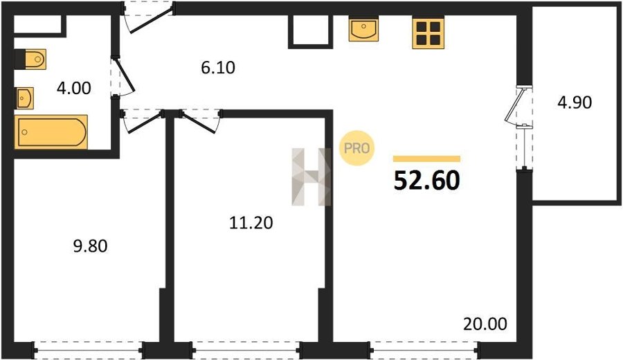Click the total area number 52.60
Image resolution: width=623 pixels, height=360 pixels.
426,181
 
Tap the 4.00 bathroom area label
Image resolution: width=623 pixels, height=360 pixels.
74,88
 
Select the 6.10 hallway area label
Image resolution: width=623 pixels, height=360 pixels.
218,68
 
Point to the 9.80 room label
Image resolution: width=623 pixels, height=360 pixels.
90,246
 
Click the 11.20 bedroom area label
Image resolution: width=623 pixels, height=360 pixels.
251,222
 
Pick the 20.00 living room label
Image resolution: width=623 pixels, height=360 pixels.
485,324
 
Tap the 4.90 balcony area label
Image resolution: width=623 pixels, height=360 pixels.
575,102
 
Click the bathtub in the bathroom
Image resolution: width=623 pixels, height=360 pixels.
51,132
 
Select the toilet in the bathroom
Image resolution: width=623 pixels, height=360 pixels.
30,60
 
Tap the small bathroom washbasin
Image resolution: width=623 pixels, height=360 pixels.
25,98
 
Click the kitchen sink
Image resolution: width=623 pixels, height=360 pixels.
363,28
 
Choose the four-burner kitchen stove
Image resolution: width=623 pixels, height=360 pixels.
428,33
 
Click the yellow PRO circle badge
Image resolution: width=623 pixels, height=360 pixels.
356,148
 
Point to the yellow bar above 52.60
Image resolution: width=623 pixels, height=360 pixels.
426,159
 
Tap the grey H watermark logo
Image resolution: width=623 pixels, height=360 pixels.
311,177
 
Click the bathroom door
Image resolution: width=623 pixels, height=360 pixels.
123,77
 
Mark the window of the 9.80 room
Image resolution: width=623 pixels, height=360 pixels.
88,350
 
